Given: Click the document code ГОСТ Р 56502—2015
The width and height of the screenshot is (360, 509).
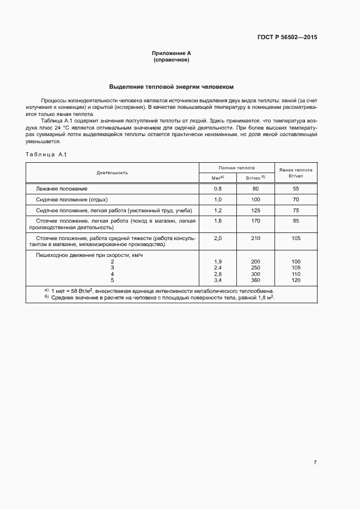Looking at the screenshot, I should (x=287, y=38).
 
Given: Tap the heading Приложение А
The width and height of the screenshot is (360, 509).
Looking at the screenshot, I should (x=172, y=53).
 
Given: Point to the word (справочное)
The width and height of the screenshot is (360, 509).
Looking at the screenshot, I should (x=172, y=60).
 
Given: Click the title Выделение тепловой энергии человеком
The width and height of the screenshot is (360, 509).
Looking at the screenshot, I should (x=172, y=87).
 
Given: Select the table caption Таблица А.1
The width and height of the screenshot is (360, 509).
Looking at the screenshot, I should (x=46, y=155).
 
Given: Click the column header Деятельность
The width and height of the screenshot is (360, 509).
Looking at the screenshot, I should (x=112, y=173).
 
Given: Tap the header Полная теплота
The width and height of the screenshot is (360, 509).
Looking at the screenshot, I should (x=237, y=168).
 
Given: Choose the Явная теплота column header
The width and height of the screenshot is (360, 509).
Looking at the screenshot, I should (x=296, y=173).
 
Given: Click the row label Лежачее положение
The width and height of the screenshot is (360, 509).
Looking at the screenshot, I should (x=62, y=188).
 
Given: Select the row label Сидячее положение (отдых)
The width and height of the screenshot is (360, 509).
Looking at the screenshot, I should (x=71, y=199).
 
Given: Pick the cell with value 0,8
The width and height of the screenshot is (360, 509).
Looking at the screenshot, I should (x=218, y=188).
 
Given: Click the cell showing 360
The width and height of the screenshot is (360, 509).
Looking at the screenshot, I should (x=255, y=280).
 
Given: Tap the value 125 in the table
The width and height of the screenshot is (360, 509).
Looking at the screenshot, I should (x=255, y=210).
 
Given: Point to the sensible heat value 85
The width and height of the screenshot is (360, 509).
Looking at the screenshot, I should (x=296, y=221).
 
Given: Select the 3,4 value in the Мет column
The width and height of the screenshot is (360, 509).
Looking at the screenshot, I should (x=218, y=280).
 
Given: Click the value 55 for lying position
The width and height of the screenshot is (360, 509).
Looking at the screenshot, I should (x=296, y=188).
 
